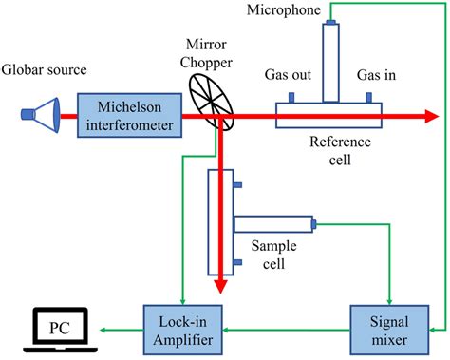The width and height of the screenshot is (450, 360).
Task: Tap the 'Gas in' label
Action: click(x=378, y=75)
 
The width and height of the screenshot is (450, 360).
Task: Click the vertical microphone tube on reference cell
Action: click(x=330, y=62)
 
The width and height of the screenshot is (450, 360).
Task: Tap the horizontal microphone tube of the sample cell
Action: click(x=275, y=224)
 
